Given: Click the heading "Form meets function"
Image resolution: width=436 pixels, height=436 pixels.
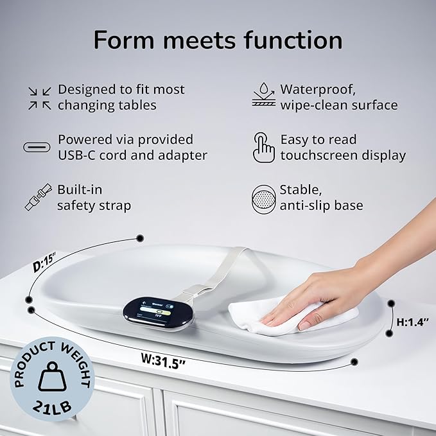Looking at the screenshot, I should pyautogui.click(x=218, y=40).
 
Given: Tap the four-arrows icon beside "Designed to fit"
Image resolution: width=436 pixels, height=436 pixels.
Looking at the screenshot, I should pyautogui.click(x=40, y=97).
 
